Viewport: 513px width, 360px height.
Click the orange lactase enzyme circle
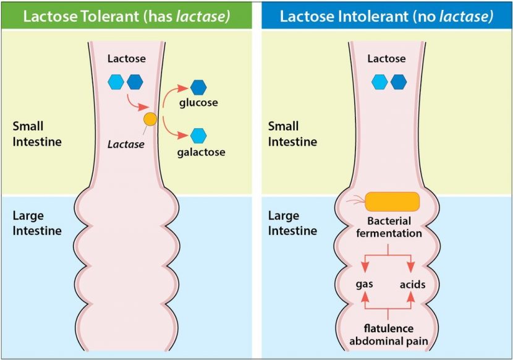click(150, 119)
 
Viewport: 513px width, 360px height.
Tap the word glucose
click(198, 103)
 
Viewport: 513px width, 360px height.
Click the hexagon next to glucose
click(198, 86)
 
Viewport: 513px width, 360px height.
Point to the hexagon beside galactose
click(198, 134)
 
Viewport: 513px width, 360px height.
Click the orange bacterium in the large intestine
click(392, 201)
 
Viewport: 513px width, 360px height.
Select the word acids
click(412, 285)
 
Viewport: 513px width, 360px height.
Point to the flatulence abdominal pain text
click(389, 334)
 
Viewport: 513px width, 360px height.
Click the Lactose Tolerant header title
click(127, 16)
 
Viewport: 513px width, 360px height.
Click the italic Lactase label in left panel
click(125, 144)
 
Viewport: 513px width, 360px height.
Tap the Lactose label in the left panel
click(127, 58)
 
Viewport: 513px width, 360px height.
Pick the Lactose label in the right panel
click(387, 58)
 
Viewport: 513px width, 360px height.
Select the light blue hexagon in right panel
click(379, 81)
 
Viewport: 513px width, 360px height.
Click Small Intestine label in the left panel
click(37, 134)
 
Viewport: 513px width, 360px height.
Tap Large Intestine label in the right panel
click(292, 223)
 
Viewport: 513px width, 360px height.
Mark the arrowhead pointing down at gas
click(365, 267)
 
